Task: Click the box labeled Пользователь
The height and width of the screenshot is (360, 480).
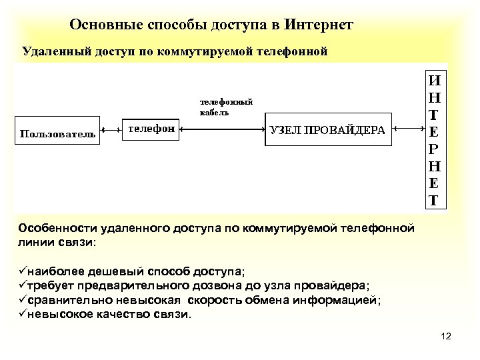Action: click(56, 134)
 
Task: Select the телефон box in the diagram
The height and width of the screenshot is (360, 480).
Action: click(151, 129)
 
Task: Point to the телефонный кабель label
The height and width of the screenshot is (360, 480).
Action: click(226, 107)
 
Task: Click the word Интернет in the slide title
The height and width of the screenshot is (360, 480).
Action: click(318, 25)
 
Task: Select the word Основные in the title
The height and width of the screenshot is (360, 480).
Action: click(102, 25)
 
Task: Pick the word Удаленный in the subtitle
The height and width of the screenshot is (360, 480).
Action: click(51, 51)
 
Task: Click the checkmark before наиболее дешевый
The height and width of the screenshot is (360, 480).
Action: click(23, 272)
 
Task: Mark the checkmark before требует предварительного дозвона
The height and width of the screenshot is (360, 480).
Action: click(23, 287)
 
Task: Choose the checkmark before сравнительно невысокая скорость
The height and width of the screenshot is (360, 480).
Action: click(23, 301)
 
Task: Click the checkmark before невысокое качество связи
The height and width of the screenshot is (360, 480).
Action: click(23, 315)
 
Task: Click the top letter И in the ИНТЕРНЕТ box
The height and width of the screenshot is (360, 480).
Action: click(434, 81)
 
